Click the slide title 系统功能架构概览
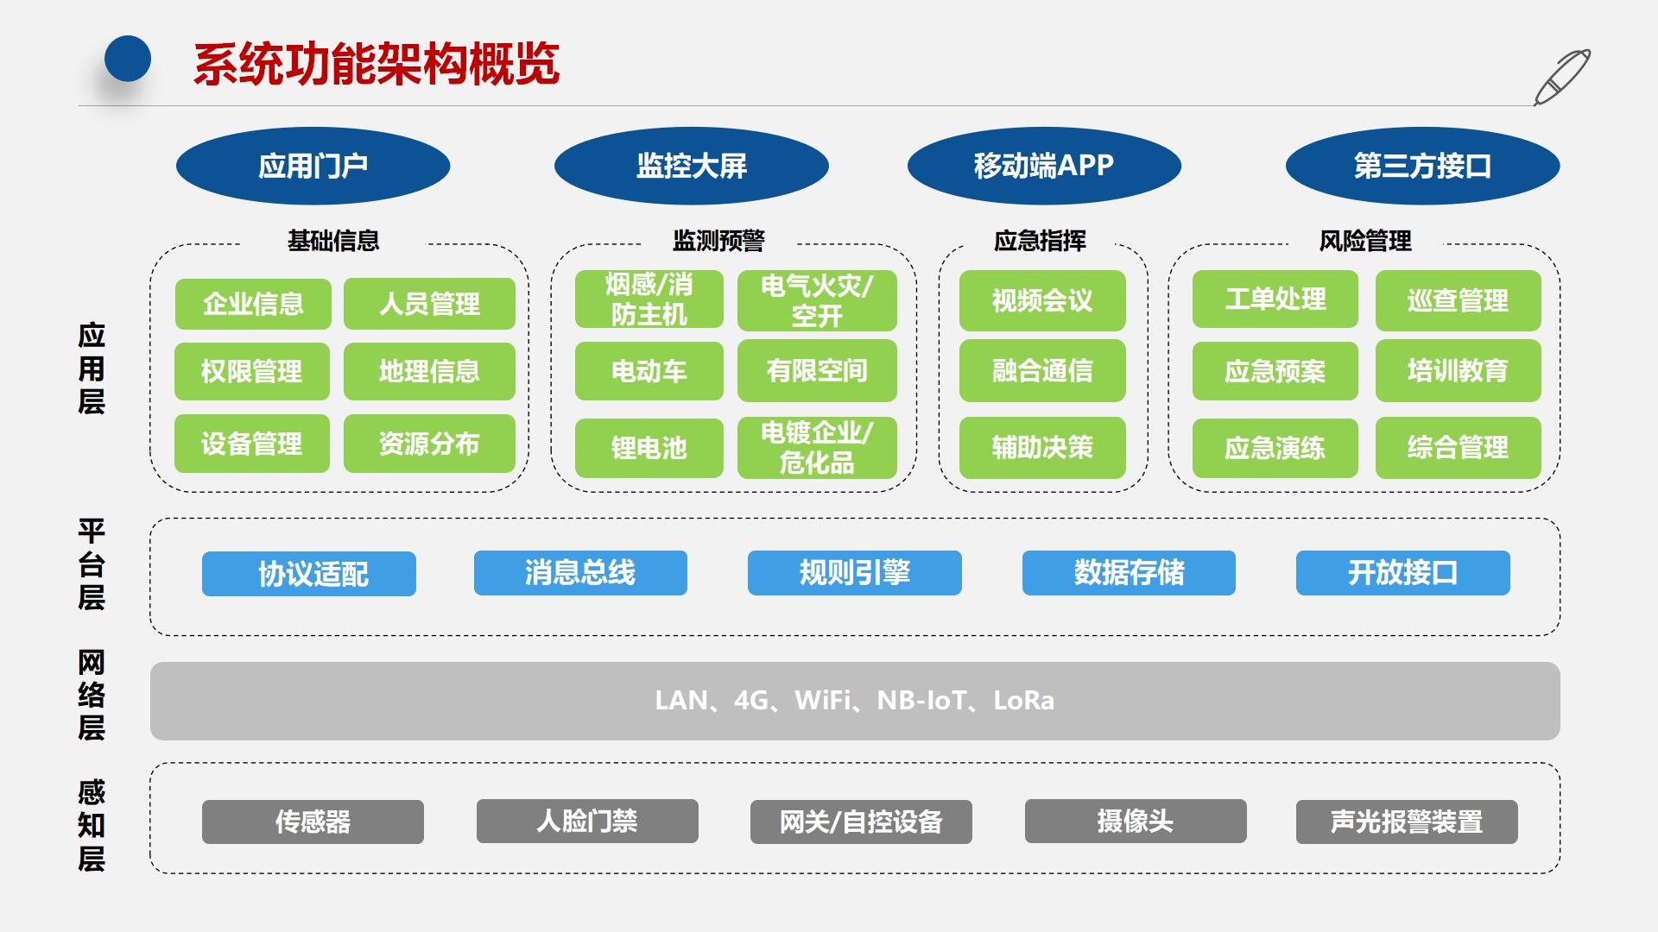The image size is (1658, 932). pos(377,64)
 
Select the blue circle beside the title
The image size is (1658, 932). pos(128,59)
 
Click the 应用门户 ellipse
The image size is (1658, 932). pos(313,166)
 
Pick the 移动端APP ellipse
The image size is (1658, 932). pos(1043,166)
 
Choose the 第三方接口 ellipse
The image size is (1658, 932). pos(1421,166)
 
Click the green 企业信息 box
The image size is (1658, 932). pos(253,304)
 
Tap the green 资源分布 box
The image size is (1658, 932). pos(429,444)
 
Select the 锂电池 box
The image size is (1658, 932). pos(649,448)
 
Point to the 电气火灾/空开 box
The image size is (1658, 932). pos(816,300)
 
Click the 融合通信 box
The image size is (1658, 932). pos(1041,371)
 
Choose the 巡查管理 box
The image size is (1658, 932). pos(1457,300)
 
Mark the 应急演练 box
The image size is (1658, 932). pos(1274,448)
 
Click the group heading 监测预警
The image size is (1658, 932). pos(718,241)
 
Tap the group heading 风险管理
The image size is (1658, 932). pos(1364,241)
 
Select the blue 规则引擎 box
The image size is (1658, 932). pos(854,573)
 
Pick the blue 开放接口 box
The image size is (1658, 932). pos(1402,573)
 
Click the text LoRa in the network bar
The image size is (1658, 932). pos(1023,701)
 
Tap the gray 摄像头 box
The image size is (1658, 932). pos(1135,821)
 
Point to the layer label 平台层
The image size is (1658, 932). pos(92,564)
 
